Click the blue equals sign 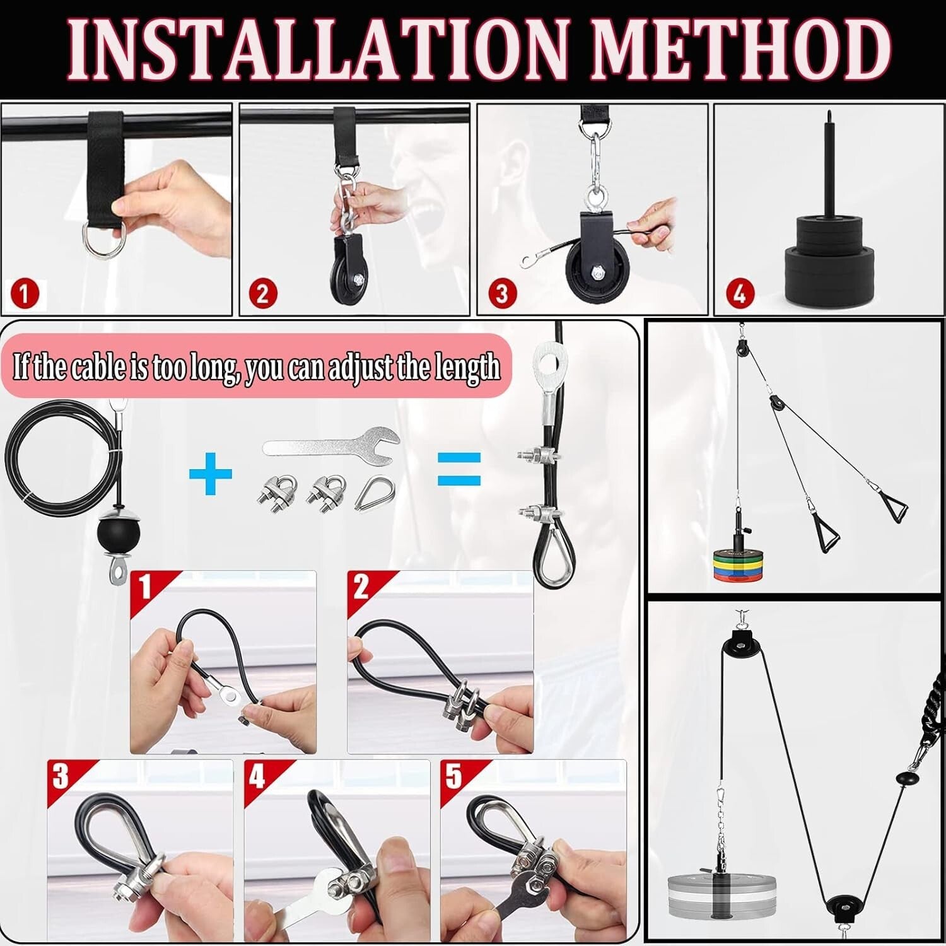click(459, 469)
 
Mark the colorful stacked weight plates click(738, 563)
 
